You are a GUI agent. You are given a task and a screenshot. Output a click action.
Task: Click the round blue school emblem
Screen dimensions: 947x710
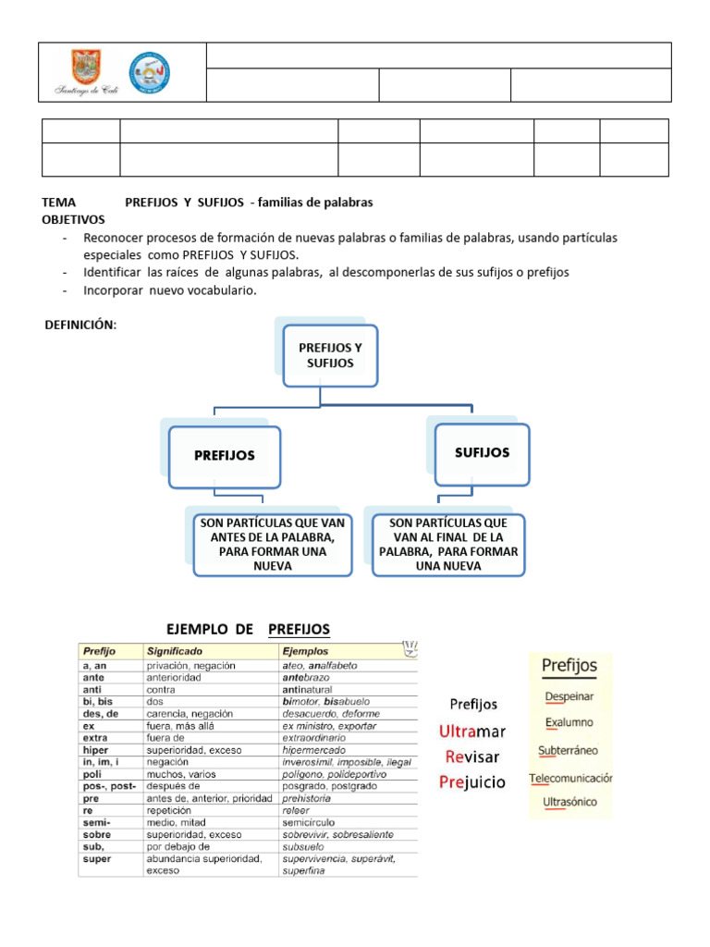click(x=149, y=72)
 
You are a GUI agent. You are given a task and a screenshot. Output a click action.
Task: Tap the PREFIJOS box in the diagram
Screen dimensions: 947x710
click(x=225, y=456)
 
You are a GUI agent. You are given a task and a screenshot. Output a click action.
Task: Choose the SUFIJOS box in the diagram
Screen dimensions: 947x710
click(x=482, y=453)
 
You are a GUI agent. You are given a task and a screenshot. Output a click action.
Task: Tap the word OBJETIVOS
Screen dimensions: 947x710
click(x=74, y=219)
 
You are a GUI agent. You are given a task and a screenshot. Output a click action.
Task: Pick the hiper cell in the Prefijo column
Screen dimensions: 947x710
click(x=96, y=750)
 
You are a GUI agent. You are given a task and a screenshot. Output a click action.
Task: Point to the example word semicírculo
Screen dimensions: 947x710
click(x=310, y=822)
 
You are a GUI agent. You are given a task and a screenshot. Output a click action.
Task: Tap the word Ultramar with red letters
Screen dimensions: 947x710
click(x=472, y=732)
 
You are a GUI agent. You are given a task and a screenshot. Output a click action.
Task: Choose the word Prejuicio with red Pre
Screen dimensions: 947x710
click(x=472, y=782)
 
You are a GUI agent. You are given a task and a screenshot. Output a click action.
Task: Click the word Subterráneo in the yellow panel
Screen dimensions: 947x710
click(x=569, y=750)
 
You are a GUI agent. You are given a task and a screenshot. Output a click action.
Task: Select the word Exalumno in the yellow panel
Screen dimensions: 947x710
click(x=569, y=722)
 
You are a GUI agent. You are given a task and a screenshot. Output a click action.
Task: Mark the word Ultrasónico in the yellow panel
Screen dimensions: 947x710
click(x=569, y=802)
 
